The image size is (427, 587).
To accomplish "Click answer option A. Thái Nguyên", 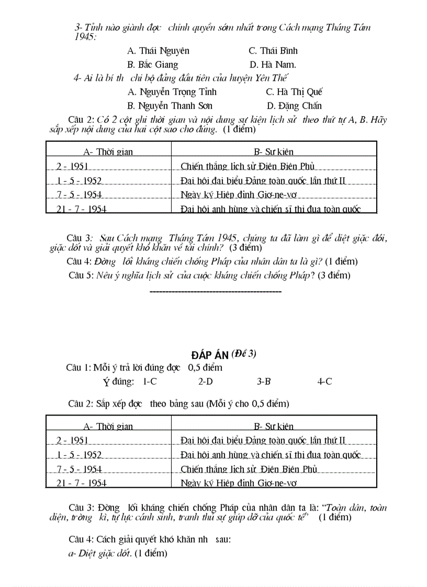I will point(158,51).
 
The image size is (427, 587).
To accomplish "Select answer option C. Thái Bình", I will point(273,51).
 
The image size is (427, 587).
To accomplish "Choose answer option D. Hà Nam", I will point(273,65).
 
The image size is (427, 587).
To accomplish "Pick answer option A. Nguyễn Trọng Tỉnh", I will point(172,92).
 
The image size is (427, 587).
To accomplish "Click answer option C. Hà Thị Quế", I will point(294,92).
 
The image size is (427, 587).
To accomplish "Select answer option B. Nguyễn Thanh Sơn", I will point(170,106).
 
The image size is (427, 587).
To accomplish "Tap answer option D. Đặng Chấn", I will point(294,106).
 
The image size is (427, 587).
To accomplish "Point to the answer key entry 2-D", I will point(205,382).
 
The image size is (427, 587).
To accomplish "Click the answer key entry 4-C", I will point(324,382).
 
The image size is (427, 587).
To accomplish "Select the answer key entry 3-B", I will point(264,382).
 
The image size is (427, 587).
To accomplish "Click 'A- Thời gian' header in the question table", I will point(108,152).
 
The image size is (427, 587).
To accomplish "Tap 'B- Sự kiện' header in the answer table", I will point(274,427).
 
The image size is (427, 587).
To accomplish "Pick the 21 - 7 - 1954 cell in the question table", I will point(81,209).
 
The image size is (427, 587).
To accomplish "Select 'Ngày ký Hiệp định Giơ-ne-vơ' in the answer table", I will point(238,484).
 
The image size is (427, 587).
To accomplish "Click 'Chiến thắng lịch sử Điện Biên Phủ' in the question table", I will point(247,167).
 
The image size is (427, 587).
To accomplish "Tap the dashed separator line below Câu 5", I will point(216,291).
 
